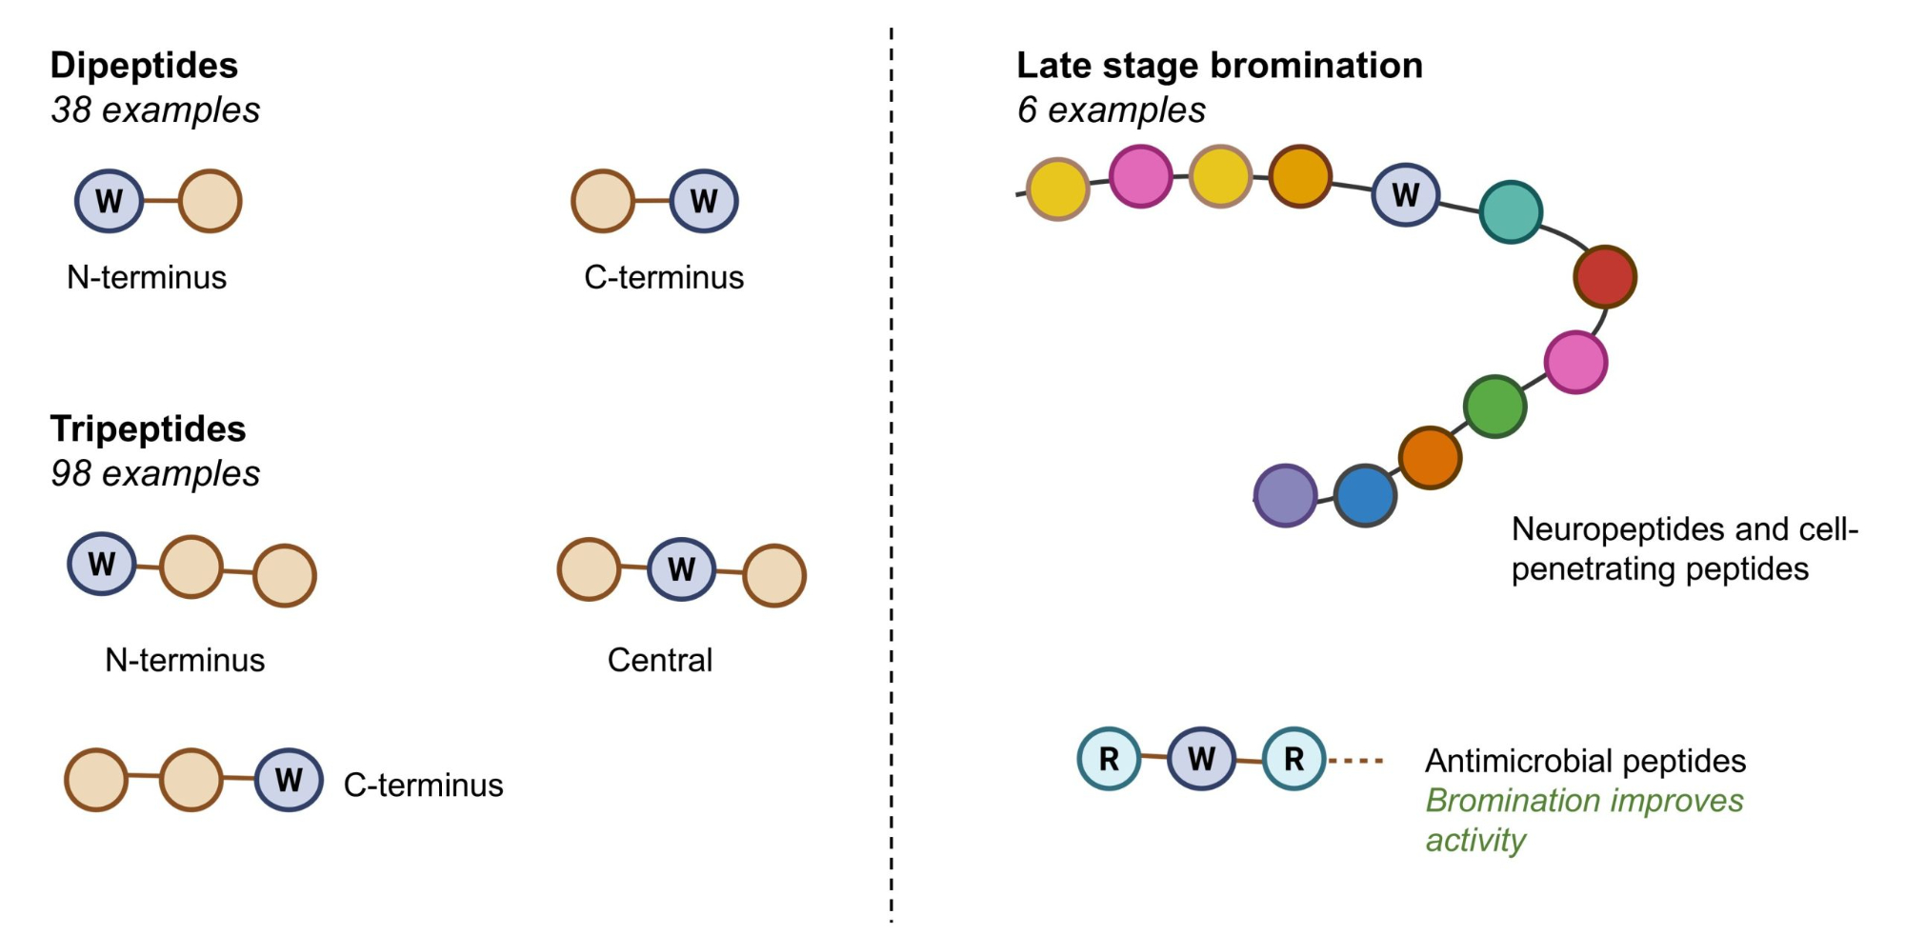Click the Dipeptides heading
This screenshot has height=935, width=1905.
point(144,66)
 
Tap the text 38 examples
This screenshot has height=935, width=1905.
point(155,110)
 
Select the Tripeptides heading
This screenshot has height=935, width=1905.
point(148,429)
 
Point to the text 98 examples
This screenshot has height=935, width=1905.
point(155,474)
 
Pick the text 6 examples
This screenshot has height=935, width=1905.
point(1111,110)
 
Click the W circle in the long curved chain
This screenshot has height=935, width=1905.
point(1405,194)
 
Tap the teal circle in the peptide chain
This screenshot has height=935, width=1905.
point(1511,211)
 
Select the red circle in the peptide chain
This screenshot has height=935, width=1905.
point(1605,276)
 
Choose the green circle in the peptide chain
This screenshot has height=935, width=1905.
point(1494,407)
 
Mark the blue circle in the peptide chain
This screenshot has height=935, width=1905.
point(1365,495)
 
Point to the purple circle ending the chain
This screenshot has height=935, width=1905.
point(1285,495)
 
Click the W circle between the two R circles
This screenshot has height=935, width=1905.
point(1201,759)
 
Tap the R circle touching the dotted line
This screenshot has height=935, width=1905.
point(1293,759)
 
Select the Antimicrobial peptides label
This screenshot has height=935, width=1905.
point(1585,762)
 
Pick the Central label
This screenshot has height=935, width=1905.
point(659,660)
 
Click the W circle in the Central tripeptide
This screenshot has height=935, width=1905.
point(681,569)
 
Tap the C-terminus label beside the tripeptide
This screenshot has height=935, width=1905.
point(423,785)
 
